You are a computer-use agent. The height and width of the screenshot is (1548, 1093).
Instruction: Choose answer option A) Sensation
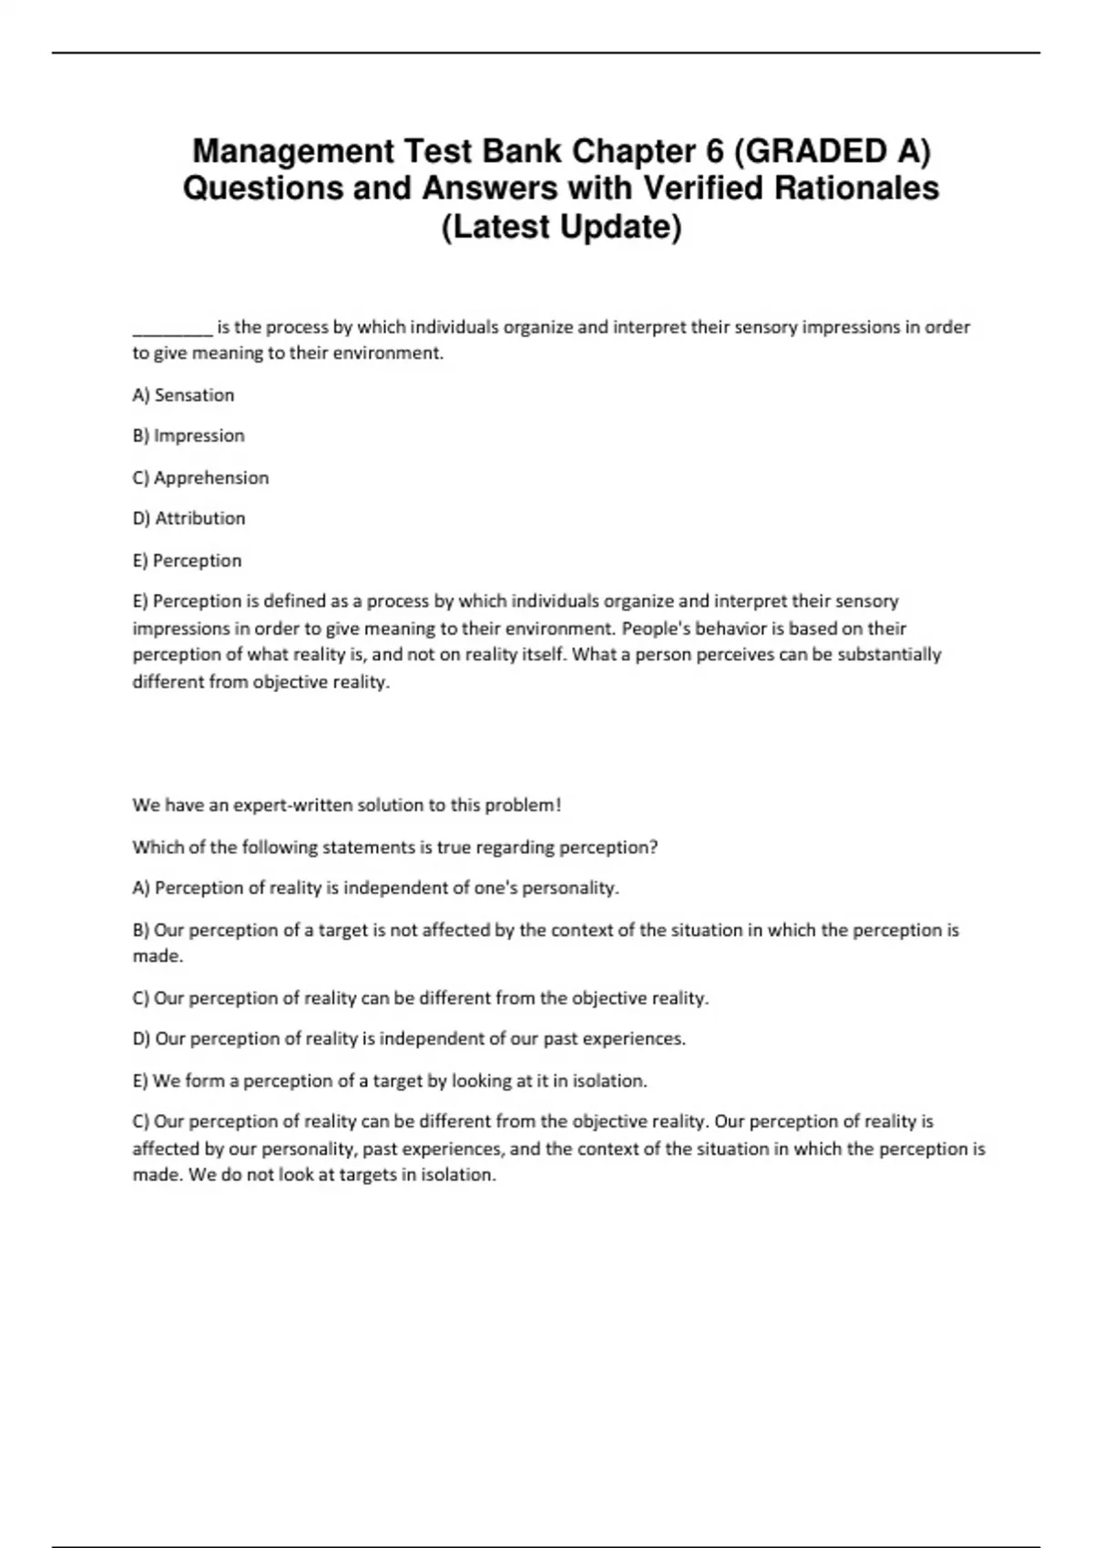183,395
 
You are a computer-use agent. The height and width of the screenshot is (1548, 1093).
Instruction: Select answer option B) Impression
189,436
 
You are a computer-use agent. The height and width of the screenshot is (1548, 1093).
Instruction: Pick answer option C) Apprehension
200,478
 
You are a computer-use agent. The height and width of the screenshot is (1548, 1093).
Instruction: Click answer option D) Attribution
189,519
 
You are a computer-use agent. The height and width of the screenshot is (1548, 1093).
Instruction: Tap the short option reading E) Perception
187,561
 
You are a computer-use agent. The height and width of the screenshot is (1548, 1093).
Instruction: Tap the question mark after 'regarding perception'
653,848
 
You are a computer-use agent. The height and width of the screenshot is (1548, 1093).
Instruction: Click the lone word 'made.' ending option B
158,957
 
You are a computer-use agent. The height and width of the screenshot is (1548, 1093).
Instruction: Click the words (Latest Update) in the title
561,227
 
